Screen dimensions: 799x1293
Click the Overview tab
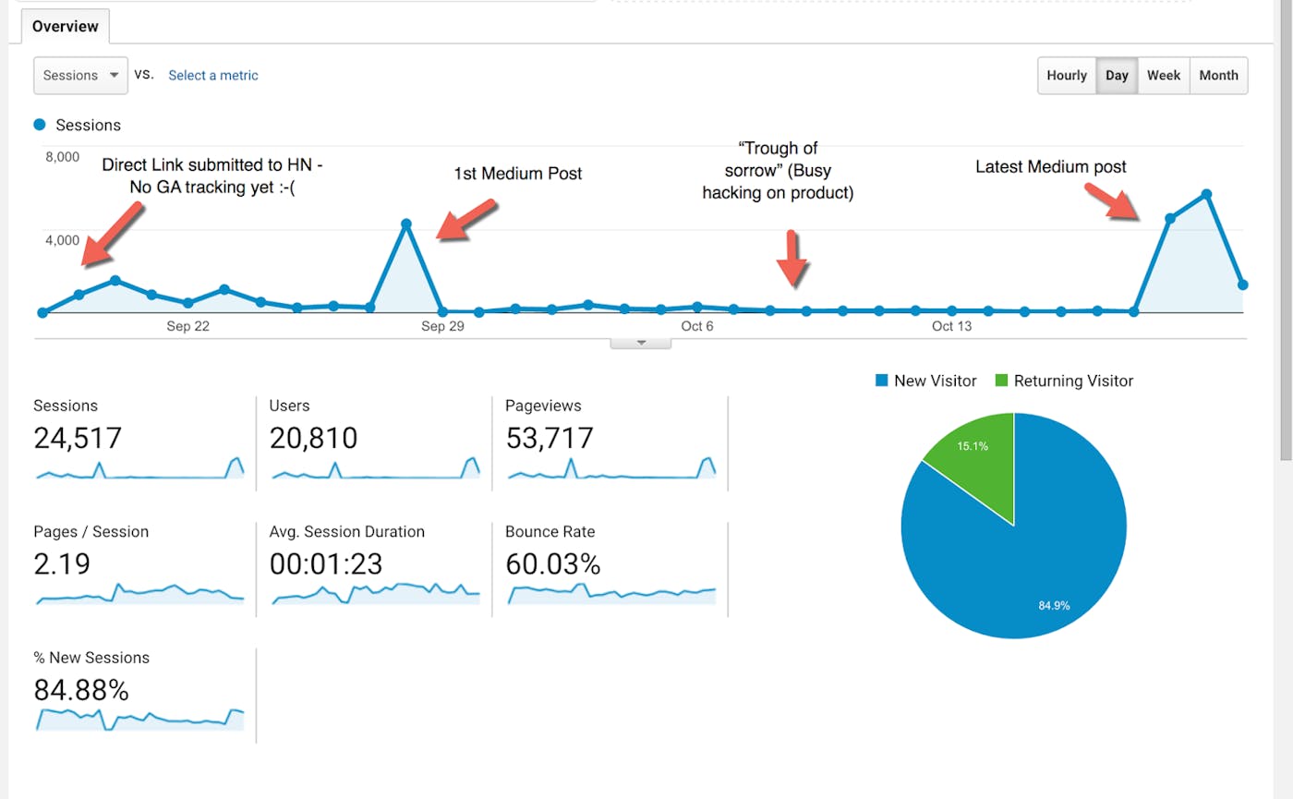pyautogui.click(x=65, y=26)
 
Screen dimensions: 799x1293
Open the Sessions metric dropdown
pyautogui.click(x=80, y=76)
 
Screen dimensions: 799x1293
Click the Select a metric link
pyautogui.click(x=213, y=76)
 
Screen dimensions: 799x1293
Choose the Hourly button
pyautogui.click(x=1067, y=76)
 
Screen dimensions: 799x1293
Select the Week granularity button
pyautogui.click(x=1164, y=76)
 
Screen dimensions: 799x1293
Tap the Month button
pyautogui.click(x=1218, y=76)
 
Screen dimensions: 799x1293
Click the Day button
pyautogui.click(x=1117, y=76)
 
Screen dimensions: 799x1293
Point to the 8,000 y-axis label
pyautogui.click(x=62, y=157)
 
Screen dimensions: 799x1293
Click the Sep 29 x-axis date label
pyautogui.click(x=442, y=326)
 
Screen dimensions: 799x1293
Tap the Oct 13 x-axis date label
pyautogui.click(x=951, y=326)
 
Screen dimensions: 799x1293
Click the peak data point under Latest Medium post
pyautogui.click(x=1206, y=194)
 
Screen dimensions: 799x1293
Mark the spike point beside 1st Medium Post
pyautogui.click(x=406, y=224)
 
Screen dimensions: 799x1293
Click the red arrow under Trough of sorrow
pyautogui.click(x=792, y=259)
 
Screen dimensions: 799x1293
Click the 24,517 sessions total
pyautogui.click(x=78, y=438)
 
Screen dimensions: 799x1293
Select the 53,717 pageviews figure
pyautogui.click(x=550, y=438)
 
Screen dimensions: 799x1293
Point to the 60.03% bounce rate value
pyautogui.click(x=553, y=563)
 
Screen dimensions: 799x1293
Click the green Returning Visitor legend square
pyautogui.click(x=1001, y=381)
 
